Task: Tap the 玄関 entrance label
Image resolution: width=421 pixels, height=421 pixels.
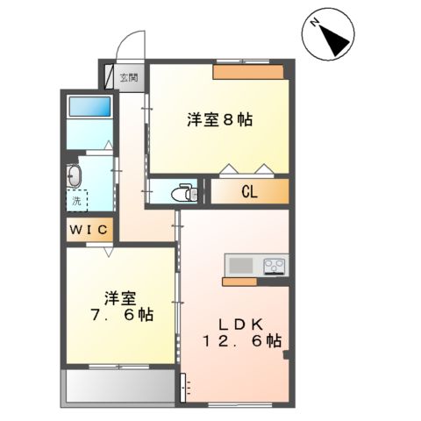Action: pos(129,78)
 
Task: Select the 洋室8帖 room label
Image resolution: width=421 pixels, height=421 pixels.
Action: pos(220,121)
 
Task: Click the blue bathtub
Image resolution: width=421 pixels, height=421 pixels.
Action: pos(89,108)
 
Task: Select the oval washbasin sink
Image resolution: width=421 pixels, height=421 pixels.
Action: pos(74,175)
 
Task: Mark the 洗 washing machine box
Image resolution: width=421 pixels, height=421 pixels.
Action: pos(77,201)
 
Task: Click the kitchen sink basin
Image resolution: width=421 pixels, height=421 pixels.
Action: pos(240,265)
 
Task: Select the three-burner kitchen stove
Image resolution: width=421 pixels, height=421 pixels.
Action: pos(272,265)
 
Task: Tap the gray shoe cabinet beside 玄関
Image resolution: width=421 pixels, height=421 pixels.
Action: pos(111,78)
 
